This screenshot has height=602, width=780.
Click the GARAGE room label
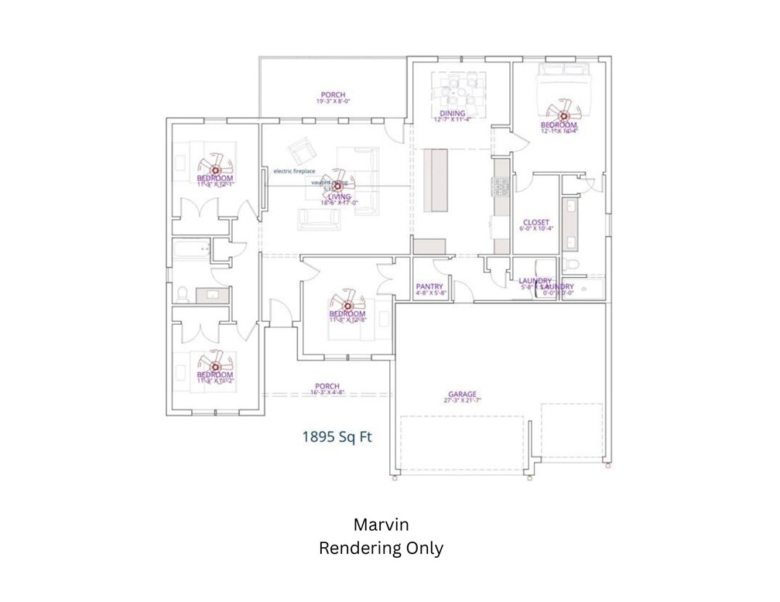point(462,393)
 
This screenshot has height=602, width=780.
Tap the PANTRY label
point(429,286)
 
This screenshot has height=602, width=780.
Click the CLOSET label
point(535,221)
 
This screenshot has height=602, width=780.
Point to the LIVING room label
point(339,197)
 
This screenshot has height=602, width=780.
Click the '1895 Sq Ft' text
point(337,436)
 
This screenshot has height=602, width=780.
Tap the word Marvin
point(381,524)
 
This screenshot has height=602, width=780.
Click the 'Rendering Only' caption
point(381,549)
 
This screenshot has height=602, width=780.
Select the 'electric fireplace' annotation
point(293,170)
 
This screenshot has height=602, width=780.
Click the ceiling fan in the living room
point(337,185)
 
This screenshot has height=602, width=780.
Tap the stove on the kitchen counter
point(501,186)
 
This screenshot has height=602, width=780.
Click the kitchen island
point(438,179)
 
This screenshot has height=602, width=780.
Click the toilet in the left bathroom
point(183,294)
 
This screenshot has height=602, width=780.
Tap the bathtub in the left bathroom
point(191,250)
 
